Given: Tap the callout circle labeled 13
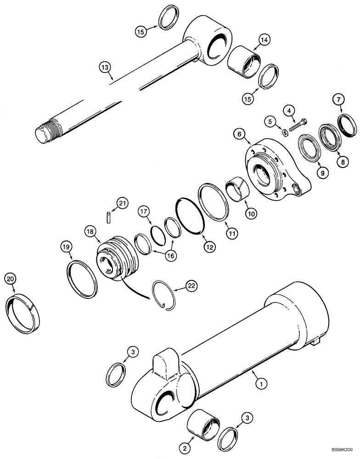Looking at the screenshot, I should click(x=105, y=68).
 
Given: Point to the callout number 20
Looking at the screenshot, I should click(x=10, y=279).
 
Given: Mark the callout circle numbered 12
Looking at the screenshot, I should click(x=209, y=247).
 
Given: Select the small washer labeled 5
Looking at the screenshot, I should click(x=285, y=133).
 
